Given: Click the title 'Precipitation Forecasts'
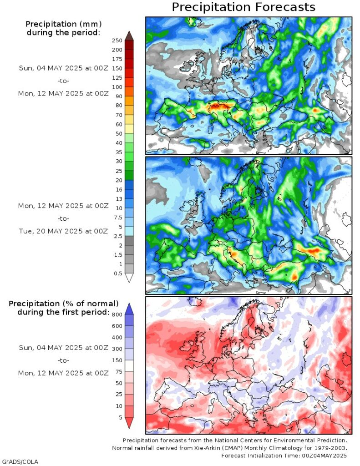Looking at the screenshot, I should [243, 7].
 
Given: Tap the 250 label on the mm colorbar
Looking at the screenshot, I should [117, 41].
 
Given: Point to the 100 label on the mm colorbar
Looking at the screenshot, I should [117, 87].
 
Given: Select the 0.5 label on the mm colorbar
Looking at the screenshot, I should [119, 274].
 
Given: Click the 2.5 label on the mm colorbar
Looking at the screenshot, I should [119, 236].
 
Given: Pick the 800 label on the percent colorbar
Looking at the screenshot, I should [117, 314].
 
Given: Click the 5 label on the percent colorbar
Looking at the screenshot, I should [120, 417].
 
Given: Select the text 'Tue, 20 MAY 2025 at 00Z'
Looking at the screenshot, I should [63, 231].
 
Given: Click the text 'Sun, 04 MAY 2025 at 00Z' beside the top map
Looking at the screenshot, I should [63, 68].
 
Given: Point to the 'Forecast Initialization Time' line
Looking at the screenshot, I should [284, 456].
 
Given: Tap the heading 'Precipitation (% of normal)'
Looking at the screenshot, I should [64, 304].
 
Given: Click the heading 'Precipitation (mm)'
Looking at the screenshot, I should [63, 24].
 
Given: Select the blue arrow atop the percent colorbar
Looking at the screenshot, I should [129, 309].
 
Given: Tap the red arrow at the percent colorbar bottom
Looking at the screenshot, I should [129, 423].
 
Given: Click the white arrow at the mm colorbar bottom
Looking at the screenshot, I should [129, 278].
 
